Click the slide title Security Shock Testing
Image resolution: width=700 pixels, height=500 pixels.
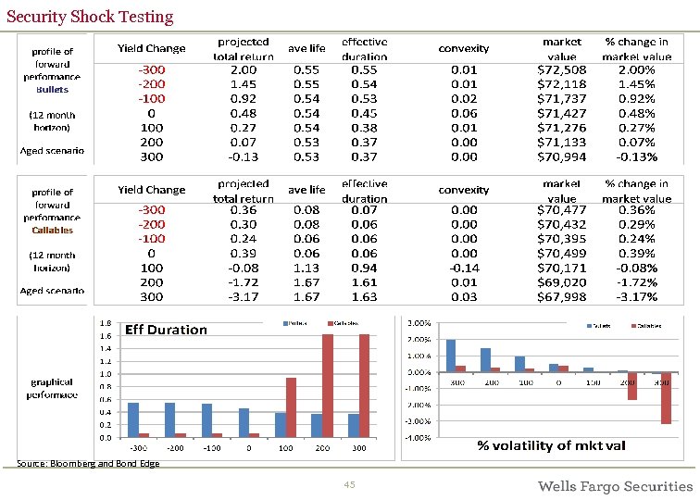tap(90, 17)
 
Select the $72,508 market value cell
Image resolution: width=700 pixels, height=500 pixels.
tap(562, 69)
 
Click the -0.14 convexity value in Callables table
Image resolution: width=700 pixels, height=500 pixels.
tap(464, 269)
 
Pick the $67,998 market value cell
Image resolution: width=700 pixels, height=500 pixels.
tap(562, 297)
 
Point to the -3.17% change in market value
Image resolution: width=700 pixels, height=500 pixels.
tap(636, 297)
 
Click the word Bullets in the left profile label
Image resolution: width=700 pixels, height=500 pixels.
tap(53, 90)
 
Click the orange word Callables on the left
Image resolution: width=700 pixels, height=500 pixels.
tap(52, 230)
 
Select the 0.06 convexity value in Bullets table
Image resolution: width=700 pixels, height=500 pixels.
tap(464, 113)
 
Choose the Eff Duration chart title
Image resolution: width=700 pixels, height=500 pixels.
tap(166, 330)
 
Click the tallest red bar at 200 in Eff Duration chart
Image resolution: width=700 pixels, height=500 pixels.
tap(328, 385)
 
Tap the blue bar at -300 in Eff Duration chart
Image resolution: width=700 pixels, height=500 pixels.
tap(133, 419)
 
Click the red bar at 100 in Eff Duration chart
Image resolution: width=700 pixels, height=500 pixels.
tap(291, 407)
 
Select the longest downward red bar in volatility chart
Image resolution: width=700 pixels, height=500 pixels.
tap(666, 398)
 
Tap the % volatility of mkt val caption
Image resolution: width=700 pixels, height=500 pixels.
tap(551, 445)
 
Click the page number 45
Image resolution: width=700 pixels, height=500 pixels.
tap(349, 485)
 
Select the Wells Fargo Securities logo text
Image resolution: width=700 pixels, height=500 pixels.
tap(615, 486)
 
